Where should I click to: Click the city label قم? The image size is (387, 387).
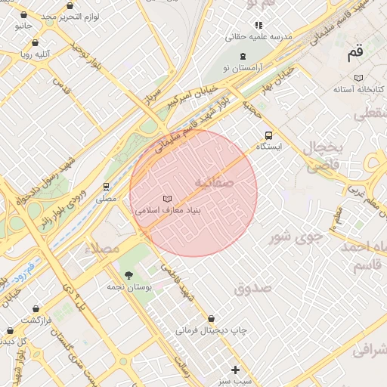point(354,53)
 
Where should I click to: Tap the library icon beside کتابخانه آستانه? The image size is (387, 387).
point(358,78)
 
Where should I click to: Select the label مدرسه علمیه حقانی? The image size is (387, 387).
point(259,36)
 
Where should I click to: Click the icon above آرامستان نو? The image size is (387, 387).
point(243,57)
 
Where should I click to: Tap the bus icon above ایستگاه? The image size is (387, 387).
point(268,135)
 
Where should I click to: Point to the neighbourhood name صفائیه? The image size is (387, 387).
point(214,183)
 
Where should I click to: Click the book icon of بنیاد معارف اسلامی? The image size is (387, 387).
point(167,199)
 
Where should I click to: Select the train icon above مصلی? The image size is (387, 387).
point(106,187)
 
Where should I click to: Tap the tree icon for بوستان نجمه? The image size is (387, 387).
point(128,275)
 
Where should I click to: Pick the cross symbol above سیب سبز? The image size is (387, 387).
point(235,370)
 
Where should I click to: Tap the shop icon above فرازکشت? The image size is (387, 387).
point(36,308)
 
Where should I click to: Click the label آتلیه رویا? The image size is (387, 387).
point(36,54)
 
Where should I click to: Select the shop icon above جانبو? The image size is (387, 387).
point(23,14)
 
